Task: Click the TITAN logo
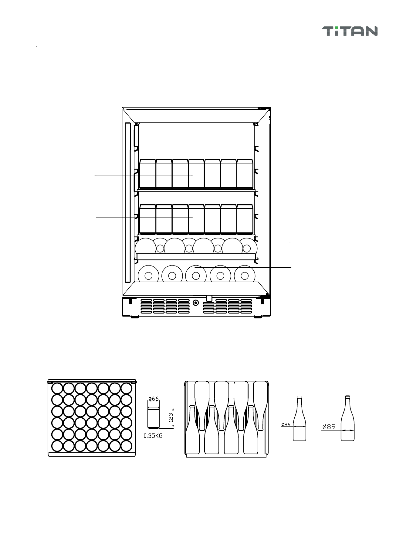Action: pos(350,31)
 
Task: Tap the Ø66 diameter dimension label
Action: pos(154,399)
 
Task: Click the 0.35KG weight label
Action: pos(153,436)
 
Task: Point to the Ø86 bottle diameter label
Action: pos(286,424)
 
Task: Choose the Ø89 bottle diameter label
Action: pos(329,427)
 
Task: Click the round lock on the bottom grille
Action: pos(196,303)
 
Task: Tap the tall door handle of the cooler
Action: pos(128,203)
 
